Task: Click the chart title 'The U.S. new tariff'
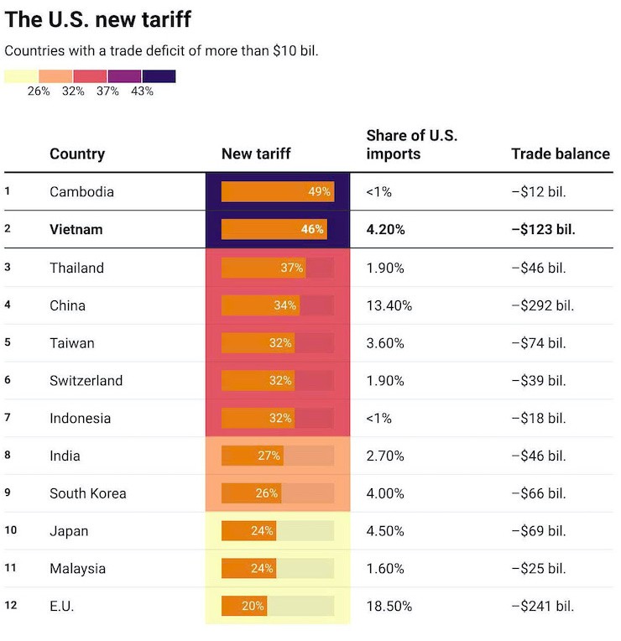[x=97, y=19]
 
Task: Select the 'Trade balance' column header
[x=560, y=154]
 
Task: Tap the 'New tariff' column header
[x=256, y=154]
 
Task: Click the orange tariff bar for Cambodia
[x=278, y=191]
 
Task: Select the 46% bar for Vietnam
[x=274, y=229]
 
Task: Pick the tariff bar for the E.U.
[x=244, y=606]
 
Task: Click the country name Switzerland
[x=86, y=381]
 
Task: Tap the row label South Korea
[x=87, y=493]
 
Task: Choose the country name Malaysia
[x=77, y=569]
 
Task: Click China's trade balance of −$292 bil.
[x=542, y=305]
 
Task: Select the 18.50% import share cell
[x=389, y=606]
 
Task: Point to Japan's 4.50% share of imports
[x=385, y=531]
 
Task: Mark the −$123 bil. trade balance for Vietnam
[x=543, y=229]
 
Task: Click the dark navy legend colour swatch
[x=159, y=76]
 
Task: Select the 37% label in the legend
[x=107, y=91]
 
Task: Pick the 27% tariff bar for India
[x=253, y=456]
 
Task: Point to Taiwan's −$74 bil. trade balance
[x=539, y=343]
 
